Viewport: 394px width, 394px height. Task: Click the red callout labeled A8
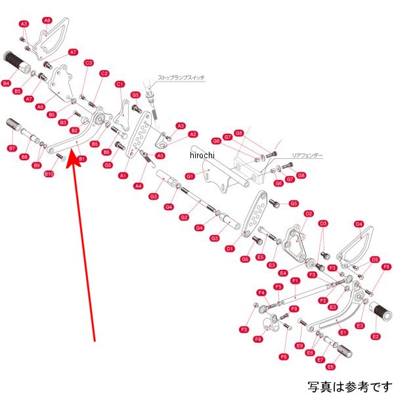click(47, 20)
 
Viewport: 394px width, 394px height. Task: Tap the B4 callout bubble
click(7, 83)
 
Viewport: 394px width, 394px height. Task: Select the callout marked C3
click(89, 63)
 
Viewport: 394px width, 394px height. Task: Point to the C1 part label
click(120, 84)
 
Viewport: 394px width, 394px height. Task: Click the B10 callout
click(49, 173)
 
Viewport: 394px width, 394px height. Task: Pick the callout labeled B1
click(82, 159)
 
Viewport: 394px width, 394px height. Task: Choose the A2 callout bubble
click(193, 134)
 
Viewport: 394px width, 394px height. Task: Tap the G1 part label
click(190, 177)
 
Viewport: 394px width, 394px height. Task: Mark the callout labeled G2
click(185, 217)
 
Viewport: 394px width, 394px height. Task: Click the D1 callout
click(230, 249)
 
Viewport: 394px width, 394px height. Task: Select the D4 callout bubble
click(359, 224)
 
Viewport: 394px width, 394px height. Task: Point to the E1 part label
click(343, 332)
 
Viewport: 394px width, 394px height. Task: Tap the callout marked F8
click(258, 339)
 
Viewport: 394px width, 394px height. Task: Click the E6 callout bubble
click(330, 366)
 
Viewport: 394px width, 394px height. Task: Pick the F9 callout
click(295, 308)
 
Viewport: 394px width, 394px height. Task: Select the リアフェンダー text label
click(307, 156)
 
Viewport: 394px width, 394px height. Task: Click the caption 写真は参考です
click(349, 385)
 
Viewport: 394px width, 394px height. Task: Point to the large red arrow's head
click(75, 160)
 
